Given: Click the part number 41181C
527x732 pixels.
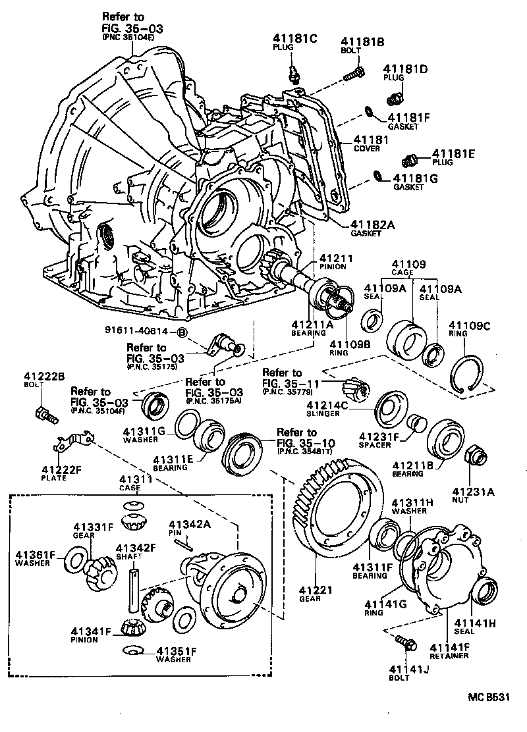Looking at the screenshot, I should pos(296,38).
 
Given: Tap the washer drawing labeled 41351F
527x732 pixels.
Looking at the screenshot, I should pos(134,651).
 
